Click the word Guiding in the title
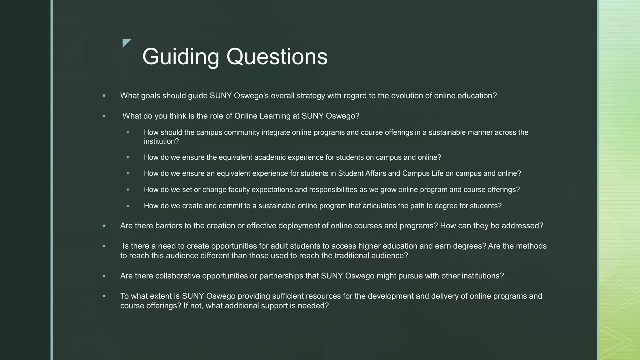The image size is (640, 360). [x=181, y=57]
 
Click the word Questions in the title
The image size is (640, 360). [x=277, y=57]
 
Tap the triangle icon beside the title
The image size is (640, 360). [x=126, y=43]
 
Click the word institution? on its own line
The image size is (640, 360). [x=161, y=141]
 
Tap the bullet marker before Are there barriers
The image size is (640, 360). [x=104, y=226]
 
